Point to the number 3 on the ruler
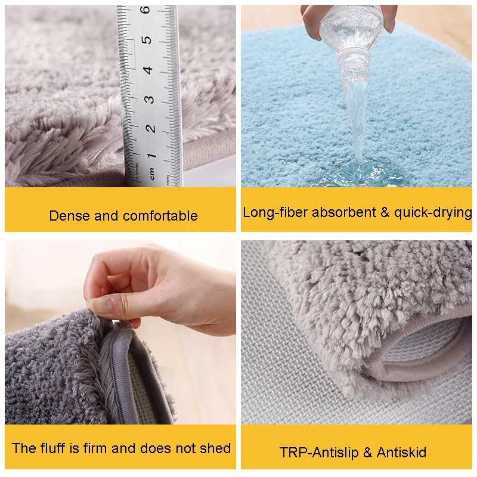pyautogui.click(x=149, y=99)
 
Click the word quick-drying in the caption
pyautogui.click(x=433, y=212)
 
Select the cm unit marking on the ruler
pyautogui.click(x=153, y=176)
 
